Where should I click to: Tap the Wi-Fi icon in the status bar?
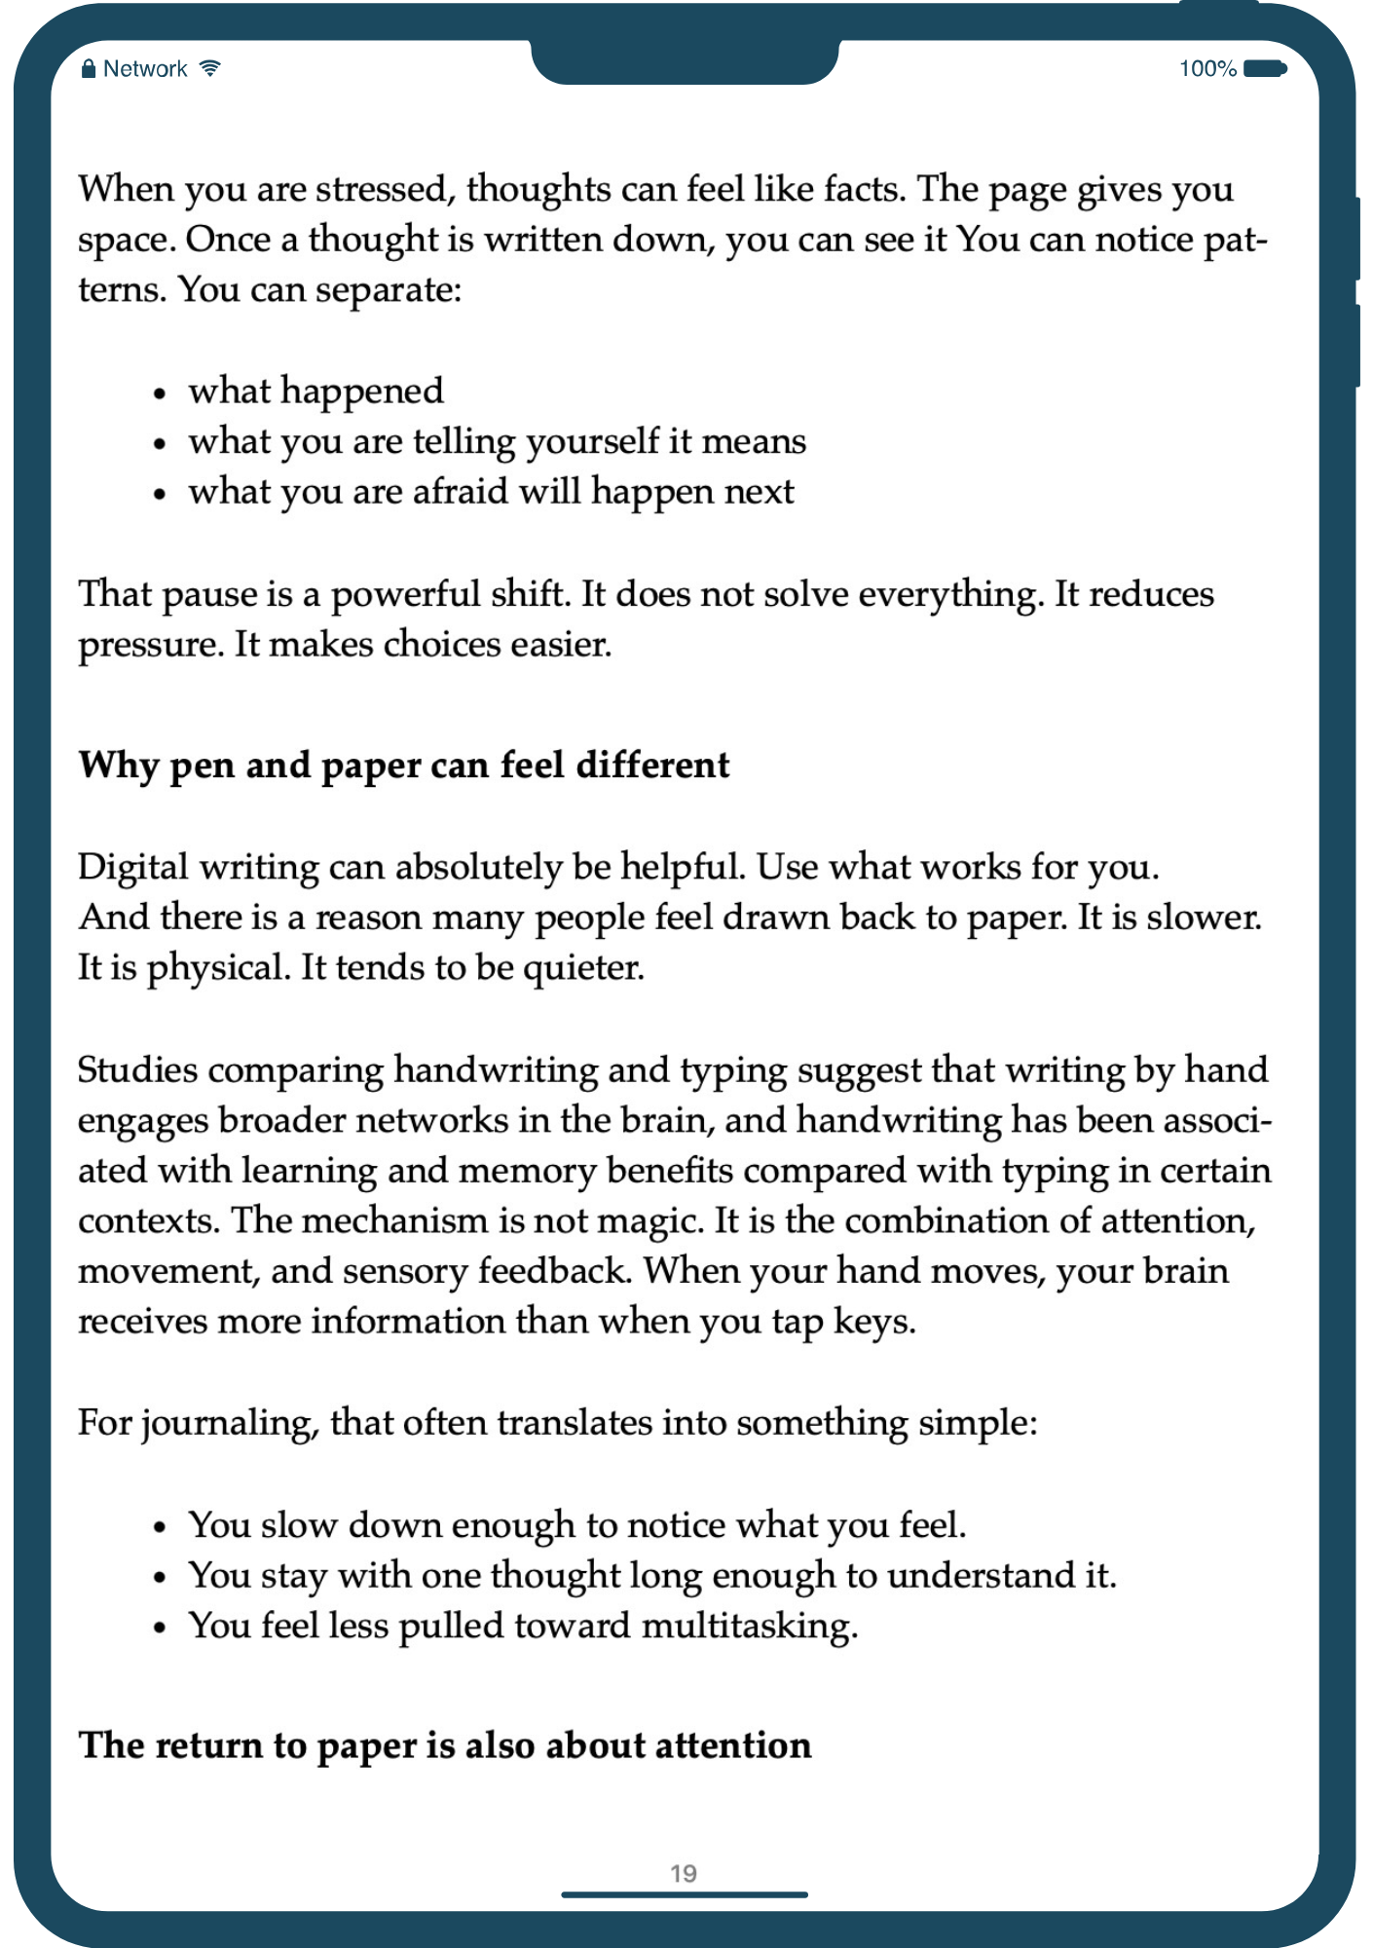pos(209,68)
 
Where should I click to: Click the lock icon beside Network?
pos(89,68)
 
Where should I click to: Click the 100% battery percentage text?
pos(1207,68)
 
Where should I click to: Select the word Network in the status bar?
pos(145,68)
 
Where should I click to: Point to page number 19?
pos(684,1873)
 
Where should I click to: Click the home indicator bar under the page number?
pos(684,1894)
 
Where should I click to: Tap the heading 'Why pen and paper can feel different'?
pos(404,766)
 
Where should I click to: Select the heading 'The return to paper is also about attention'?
pos(445,1745)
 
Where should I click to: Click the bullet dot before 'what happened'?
pos(161,393)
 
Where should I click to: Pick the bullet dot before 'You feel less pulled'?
pos(161,1629)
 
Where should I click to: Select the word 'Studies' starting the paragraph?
pos(137,1069)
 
